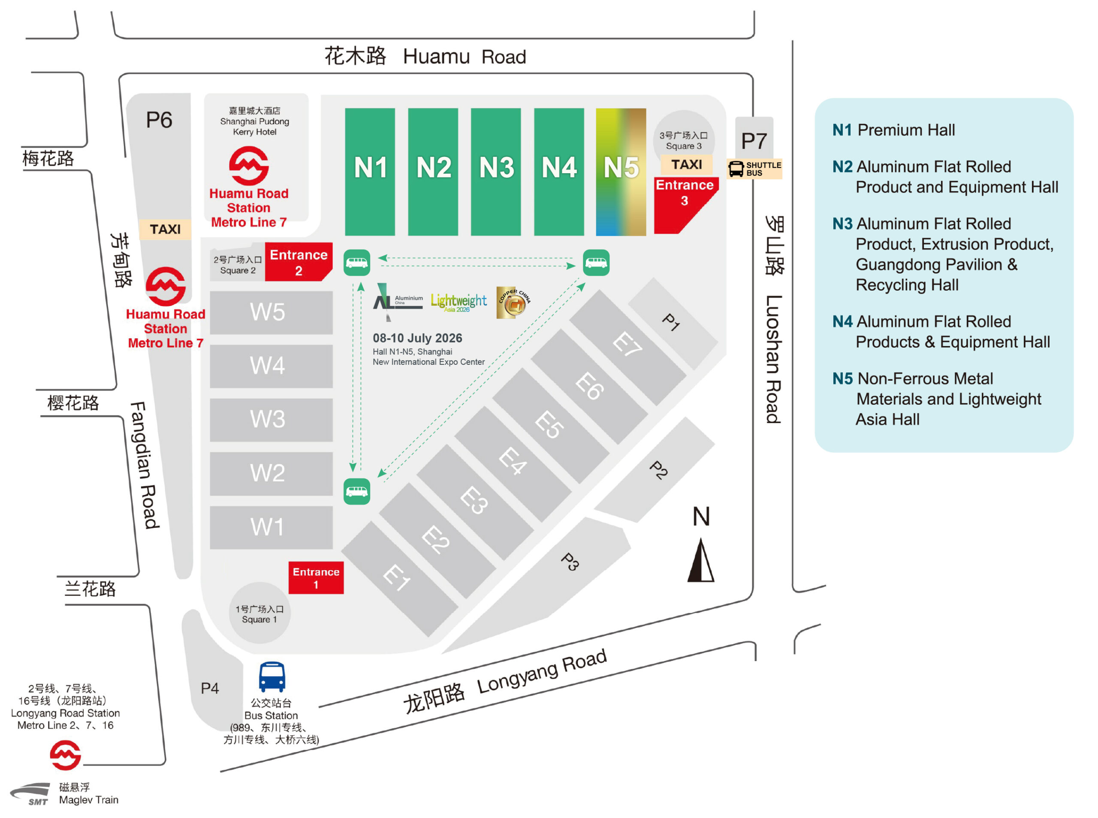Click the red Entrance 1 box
[316, 577]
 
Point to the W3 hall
[271, 419]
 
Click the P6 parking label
[159, 120]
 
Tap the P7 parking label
[753, 141]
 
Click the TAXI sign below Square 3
[686, 164]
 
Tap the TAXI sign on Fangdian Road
[165, 229]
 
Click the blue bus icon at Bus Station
[272, 677]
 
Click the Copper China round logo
[513, 302]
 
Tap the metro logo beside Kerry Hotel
[249, 165]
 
